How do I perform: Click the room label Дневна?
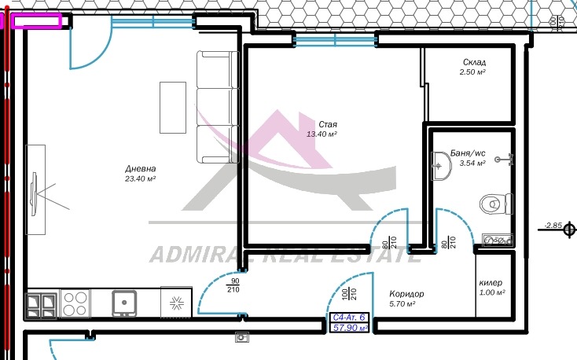[140, 168]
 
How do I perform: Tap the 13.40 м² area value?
[322, 134]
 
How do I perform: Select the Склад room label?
[474, 62]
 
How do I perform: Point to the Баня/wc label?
[468, 153]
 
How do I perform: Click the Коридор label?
[406, 294]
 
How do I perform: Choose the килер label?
[491, 283]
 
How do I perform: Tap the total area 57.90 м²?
[351, 328]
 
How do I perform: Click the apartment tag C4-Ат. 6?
[348, 318]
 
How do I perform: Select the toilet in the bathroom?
[496, 204]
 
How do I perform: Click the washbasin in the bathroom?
[441, 166]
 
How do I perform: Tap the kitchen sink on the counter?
[124, 303]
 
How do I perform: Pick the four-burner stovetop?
[75, 303]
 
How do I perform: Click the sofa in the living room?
[218, 107]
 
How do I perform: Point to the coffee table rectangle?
[173, 108]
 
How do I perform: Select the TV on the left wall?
[35, 193]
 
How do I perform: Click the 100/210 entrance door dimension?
[349, 294]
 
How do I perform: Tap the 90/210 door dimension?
[233, 285]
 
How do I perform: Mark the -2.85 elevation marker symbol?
[569, 230]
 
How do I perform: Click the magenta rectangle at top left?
[36, 20]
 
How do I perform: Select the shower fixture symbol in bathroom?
[505, 160]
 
